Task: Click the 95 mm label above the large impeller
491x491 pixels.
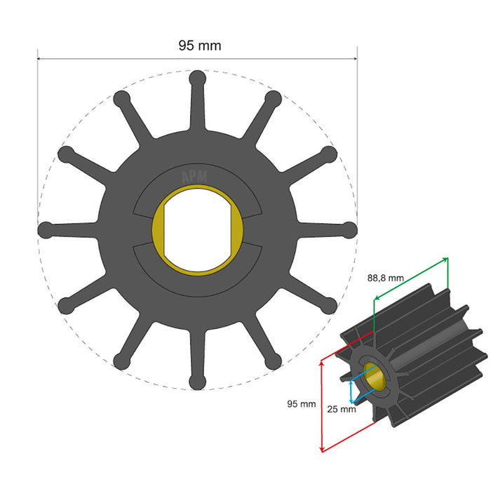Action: (x=199, y=46)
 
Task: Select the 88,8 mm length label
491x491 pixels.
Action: (x=385, y=277)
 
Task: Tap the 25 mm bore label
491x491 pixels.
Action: (x=342, y=409)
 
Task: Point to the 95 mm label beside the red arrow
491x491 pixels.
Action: (x=301, y=403)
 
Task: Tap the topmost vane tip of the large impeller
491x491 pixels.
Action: (x=197, y=78)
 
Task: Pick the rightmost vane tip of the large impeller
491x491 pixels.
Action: (x=349, y=229)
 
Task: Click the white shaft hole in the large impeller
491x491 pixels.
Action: (x=198, y=229)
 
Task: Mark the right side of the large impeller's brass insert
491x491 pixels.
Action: (x=238, y=229)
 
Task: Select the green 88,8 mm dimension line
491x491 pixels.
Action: (x=410, y=278)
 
